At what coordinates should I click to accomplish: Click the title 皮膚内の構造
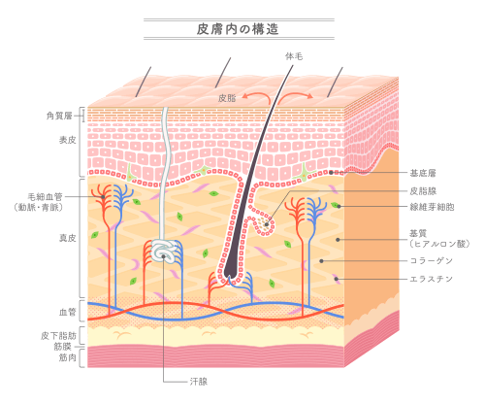coord(238,29)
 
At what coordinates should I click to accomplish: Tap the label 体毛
coord(294,56)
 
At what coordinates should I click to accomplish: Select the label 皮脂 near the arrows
coord(227,98)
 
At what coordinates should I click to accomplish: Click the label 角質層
coord(59,116)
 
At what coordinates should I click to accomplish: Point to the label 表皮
coord(67,140)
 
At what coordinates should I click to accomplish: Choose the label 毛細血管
coord(45,196)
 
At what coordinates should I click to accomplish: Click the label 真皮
coord(67,238)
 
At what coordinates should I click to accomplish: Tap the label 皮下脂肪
coord(58,336)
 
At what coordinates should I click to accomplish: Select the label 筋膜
coord(62,347)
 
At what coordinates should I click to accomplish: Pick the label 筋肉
coord(67,357)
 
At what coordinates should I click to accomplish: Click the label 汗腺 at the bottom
coord(199,382)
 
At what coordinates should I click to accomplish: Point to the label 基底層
coord(423,173)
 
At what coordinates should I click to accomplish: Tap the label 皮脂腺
coord(423,191)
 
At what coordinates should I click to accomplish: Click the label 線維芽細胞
coord(432,207)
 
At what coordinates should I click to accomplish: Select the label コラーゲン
coord(432,260)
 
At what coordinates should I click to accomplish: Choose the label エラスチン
coord(432,279)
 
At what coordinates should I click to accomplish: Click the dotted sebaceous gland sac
coord(266,222)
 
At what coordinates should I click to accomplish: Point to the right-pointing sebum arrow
coord(295,96)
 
